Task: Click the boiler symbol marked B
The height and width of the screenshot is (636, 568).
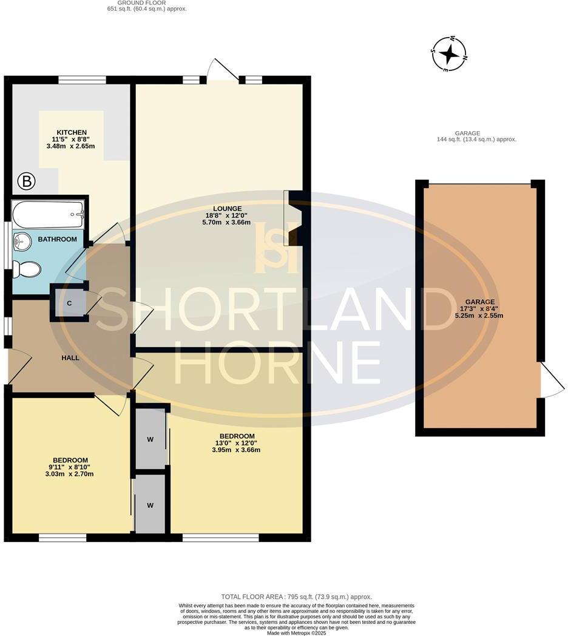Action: pyautogui.click(x=26, y=180)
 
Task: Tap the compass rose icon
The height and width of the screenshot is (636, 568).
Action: pyautogui.click(x=449, y=55)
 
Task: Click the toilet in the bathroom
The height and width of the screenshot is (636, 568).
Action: pyautogui.click(x=27, y=268)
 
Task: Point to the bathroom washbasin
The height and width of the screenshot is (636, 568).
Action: pyautogui.click(x=22, y=242)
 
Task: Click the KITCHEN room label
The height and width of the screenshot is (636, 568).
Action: pyautogui.click(x=72, y=132)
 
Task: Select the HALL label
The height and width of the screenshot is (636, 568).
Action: pyautogui.click(x=70, y=358)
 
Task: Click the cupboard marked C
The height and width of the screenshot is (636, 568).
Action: pyautogui.click(x=69, y=302)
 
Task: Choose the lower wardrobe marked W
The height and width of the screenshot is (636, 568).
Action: pyautogui.click(x=149, y=504)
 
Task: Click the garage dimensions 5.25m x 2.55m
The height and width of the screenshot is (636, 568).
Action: pyautogui.click(x=480, y=316)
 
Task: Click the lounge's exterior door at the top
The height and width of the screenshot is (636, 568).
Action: pyautogui.click(x=222, y=70)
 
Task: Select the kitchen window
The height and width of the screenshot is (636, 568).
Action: pyautogui.click(x=83, y=79)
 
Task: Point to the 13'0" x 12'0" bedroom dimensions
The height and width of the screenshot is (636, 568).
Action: pyautogui.click(x=237, y=443)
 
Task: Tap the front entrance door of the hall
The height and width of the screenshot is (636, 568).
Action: pyautogui.click(x=17, y=367)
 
